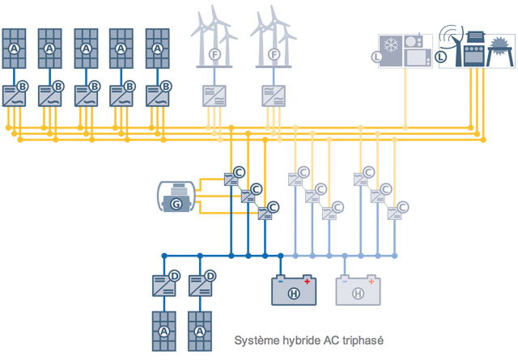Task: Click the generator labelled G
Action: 176,199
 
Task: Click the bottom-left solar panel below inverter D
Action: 163,331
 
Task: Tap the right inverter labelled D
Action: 200,284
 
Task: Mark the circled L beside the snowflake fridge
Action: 376,57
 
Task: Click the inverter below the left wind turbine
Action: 213,96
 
